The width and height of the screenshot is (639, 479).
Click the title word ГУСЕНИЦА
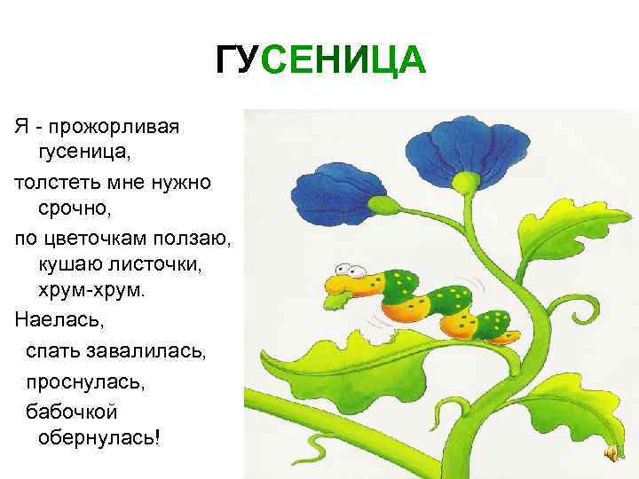click(320, 62)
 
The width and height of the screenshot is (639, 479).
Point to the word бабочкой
click(71, 412)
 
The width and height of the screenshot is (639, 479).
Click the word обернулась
click(96, 439)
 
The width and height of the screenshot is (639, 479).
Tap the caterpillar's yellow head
click(346, 284)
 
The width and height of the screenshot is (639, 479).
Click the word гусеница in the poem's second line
click(84, 153)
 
